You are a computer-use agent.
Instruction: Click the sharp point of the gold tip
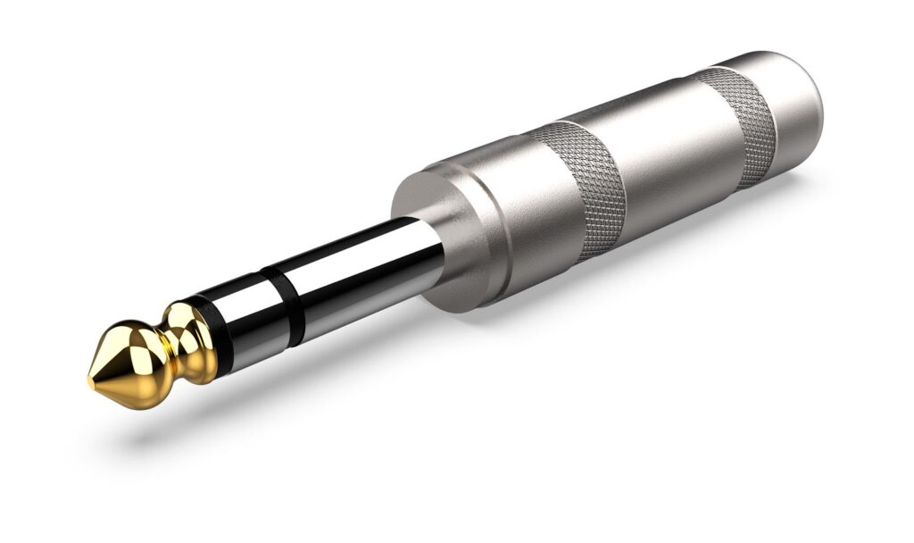point(91,381)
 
